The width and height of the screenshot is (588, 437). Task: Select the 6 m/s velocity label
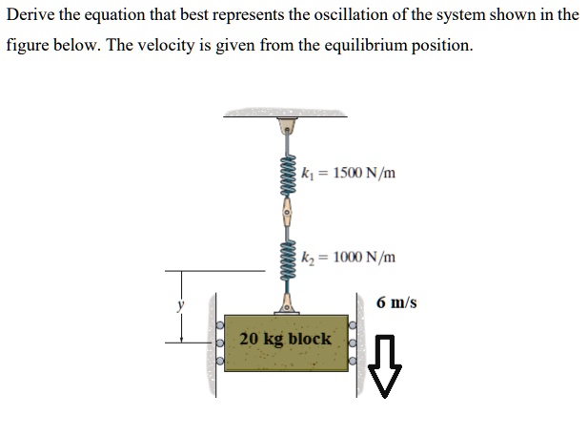point(396,302)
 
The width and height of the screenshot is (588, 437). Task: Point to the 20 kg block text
point(285,339)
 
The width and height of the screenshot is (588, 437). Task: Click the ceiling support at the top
point(285,116)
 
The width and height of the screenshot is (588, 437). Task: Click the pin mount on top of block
point(285,304)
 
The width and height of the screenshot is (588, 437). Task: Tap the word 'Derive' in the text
point(30,14)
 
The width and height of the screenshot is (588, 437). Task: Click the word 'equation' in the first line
point(115,14)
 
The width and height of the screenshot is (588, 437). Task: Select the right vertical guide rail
point(360,343)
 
